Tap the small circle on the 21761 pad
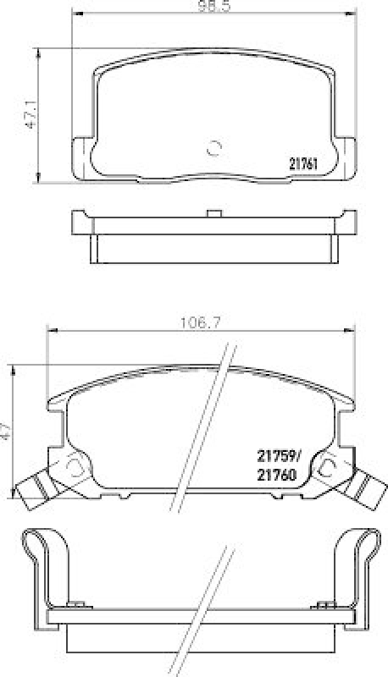pyautogui.click(x=213, y=146)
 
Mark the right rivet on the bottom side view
pyautogui.click(x=323, y=604)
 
